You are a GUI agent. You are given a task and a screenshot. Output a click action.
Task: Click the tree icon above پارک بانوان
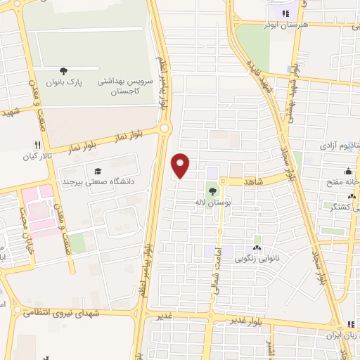click(x=64, y=71)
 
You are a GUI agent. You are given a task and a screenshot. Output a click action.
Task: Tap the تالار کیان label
click(x=39, y=156)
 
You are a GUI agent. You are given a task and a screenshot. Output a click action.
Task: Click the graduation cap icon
click(x=97, y=171)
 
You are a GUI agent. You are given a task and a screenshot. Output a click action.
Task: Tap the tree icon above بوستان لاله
click(x=212, y=191)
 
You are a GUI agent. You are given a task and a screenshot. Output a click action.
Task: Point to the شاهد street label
click(x=252, y=181)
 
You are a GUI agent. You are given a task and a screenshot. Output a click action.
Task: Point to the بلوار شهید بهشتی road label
click(x=292, y=95)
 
